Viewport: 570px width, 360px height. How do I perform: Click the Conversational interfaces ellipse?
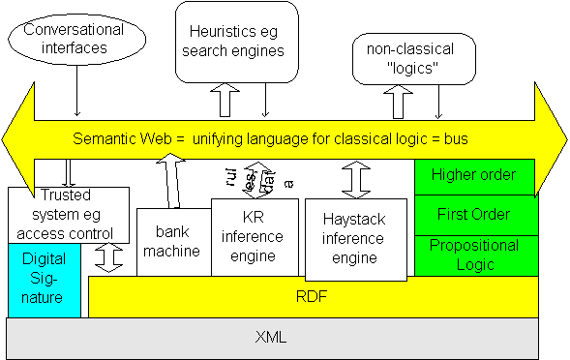click(x=75, y=40)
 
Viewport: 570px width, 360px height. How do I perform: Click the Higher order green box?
click(x=473, y=175)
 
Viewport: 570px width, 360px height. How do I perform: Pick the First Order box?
click(x=473, y=214)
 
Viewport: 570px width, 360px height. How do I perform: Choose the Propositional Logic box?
click(x=473, y=255)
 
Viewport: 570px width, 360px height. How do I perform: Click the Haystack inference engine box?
click(x=352, y=238)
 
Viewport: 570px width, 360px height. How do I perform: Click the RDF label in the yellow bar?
click(x=312, y=296)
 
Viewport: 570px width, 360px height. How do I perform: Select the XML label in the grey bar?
click(x=271, y=338)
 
